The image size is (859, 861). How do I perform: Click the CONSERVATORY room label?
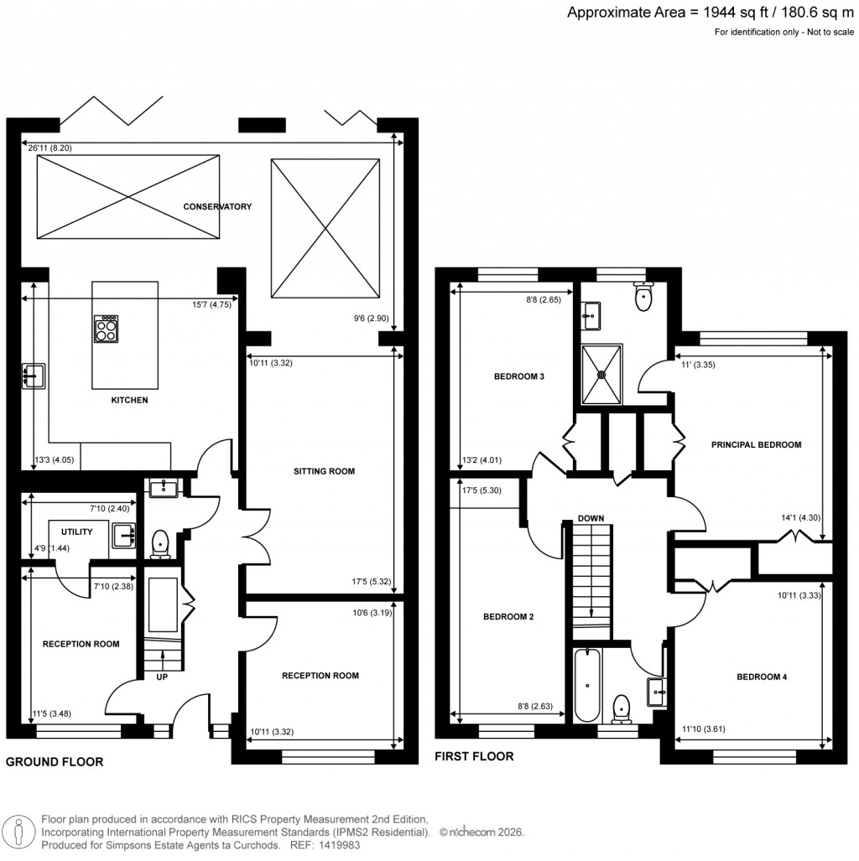[218, 206]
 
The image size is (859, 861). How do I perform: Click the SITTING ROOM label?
[324, 471]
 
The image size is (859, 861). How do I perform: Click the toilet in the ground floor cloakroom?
[159, 545]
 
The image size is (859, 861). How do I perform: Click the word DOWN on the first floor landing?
[591, 519]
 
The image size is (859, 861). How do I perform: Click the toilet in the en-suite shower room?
[644, 298]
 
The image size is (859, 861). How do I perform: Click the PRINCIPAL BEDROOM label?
[757, 445]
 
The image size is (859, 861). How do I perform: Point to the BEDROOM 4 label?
[762, 677]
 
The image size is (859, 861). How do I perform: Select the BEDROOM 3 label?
[520, 377]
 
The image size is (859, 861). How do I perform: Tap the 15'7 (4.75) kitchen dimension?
[211, 304]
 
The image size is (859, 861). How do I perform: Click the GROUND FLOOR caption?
[55, 762]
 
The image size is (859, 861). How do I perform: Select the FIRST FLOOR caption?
[474, 756]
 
